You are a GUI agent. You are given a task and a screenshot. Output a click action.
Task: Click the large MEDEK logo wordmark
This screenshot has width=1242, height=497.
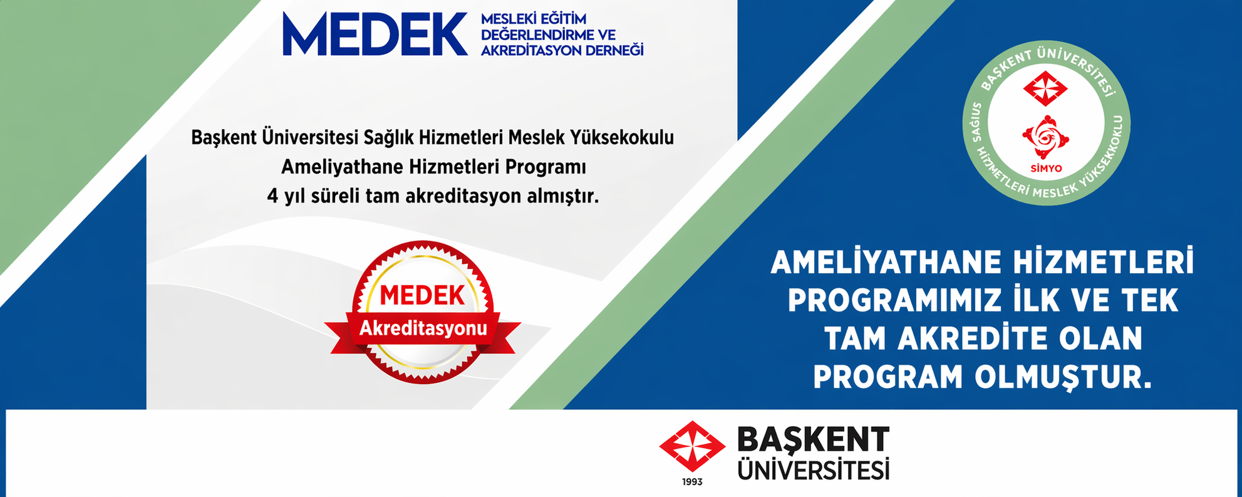[x=375, y=34]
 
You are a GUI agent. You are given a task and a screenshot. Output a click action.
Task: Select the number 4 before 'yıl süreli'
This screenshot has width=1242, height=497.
[x=272, y=196]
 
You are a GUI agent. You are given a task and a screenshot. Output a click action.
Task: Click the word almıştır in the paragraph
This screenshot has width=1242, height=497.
[x=562, y=196]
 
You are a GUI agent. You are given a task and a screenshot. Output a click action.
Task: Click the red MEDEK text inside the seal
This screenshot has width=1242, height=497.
[x=422, y=296]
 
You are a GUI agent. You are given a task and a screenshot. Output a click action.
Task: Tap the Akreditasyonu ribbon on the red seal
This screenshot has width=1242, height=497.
[x=423, y=328]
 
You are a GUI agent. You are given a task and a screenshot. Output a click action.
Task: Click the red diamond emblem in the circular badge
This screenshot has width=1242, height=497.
[x=1045, y=88]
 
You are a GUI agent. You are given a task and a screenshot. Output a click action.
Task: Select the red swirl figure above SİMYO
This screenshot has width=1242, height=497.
[x=1045, y=137]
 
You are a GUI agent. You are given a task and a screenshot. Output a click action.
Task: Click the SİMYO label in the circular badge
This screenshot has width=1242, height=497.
[x=1046, y=169]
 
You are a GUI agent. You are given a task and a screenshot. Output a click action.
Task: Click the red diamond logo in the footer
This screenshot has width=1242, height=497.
[x=692, y=446]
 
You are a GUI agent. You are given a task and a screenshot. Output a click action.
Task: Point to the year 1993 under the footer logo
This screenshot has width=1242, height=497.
[x=692, y=482]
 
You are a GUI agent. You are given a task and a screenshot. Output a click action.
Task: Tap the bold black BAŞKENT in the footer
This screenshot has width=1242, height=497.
[x=813, y=441]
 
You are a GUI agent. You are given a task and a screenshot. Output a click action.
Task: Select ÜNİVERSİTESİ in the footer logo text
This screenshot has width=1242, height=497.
[x=813, y=469]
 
